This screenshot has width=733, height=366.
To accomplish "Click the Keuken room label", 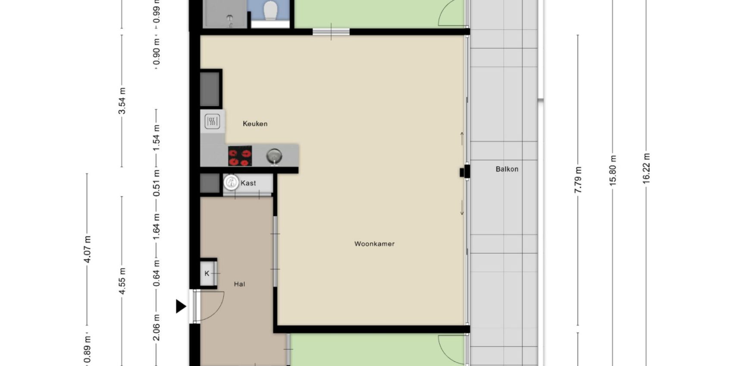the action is [255, 124].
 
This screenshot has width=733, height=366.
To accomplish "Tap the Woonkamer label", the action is [374, 244].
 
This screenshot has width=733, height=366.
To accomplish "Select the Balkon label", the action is [507, 169].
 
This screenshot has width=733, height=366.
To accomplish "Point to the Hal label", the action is [239, 284].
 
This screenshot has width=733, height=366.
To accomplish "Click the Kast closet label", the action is [248, 183].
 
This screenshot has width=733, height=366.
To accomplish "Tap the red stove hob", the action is [240, 156].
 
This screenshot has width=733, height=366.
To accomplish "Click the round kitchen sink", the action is [274, 156].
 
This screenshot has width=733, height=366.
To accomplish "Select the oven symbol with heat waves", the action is [212, 121].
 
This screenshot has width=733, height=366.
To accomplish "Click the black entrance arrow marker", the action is [181, 306].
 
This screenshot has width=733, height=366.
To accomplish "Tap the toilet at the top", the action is [271, 10].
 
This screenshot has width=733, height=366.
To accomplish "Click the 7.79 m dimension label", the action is [578, 180].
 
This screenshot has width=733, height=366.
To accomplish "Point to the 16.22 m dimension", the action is [646, 168].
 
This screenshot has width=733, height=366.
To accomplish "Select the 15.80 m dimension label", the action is [613, 170].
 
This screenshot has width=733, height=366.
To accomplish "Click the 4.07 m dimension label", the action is [87, 249].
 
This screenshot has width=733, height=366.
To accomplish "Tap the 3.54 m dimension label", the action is [122, 101].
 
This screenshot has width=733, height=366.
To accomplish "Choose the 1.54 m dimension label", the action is [157, 138].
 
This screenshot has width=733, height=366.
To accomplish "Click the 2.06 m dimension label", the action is [157, 327].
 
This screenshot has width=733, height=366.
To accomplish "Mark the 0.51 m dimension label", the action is [157, 183].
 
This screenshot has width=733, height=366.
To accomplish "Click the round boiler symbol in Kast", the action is [232, 182].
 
